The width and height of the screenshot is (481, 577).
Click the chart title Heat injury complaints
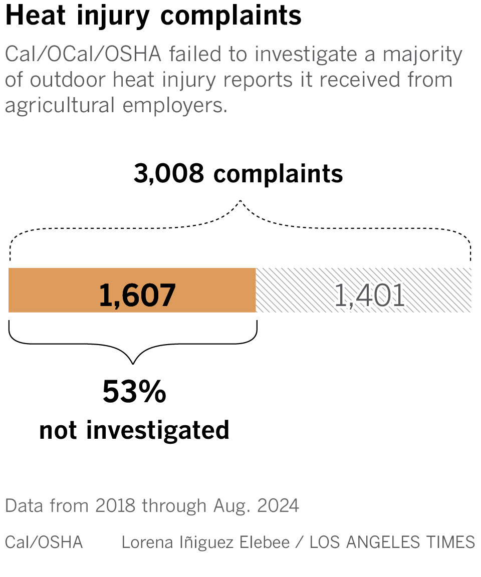pyautogui.click(x=153, y=17)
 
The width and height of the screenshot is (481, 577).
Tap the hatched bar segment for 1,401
pyautogui.click(x=441, y=291)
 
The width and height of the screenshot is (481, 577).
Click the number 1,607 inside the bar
pyautogui.click(x=137, y=296)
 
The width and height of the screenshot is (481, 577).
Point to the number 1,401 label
pyautogui.click(x=369, y=296)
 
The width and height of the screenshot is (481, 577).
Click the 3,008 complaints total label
pyautogui.click(x=238, y=174)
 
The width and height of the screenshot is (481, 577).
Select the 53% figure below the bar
pyautogui.click(x=134, y=392)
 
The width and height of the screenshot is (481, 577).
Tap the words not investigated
pyautogui.click(x=134, y=430)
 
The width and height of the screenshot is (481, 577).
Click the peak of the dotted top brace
pyautogui.click(x=241, y=201)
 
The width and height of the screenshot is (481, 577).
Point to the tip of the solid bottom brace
pyautogui.click(x=133, y=362)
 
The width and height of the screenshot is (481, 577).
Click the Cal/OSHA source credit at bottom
pyautogui.click(x=44, y=541)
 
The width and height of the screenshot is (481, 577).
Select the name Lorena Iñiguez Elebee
pyautogui.click(x=205, y=541)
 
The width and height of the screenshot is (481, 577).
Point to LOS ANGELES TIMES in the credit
pyautogui.click(x=392, y=541)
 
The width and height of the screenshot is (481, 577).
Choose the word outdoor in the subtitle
pyautogui.click(x=65, y=80)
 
